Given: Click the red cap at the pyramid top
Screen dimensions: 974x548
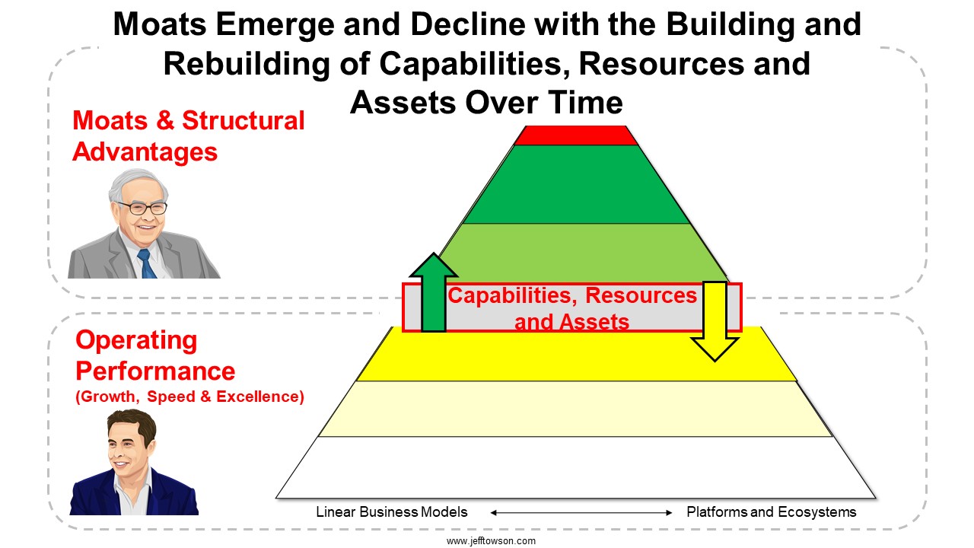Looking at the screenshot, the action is [x=576, y=135].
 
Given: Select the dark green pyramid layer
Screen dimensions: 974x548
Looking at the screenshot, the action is [x=576, y=184].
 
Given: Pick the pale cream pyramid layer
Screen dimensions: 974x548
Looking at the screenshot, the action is [x=576, y=409].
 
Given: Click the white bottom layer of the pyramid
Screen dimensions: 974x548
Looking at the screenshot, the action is [x=576, y=467].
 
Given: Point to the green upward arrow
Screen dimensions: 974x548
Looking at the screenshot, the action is [x=434, y=292].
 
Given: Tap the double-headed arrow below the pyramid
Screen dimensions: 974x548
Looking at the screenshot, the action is [x=581, y=513].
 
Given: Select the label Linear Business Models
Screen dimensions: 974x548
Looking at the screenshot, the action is [x=392, y=512].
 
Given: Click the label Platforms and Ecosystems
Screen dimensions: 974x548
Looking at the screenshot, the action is [x=772, y=512].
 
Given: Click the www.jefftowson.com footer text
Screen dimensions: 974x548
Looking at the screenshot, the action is [x=491, y=541].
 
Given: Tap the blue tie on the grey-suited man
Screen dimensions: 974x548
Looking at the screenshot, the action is [x=147, y=263].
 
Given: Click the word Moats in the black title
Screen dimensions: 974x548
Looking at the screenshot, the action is [x=160, y=24].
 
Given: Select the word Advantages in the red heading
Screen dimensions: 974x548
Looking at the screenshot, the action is [x=145, y=152].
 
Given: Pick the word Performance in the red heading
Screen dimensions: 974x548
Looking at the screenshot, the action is [x=155, y=371].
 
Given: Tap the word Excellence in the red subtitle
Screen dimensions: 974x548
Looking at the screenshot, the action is [x=260, y=397].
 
